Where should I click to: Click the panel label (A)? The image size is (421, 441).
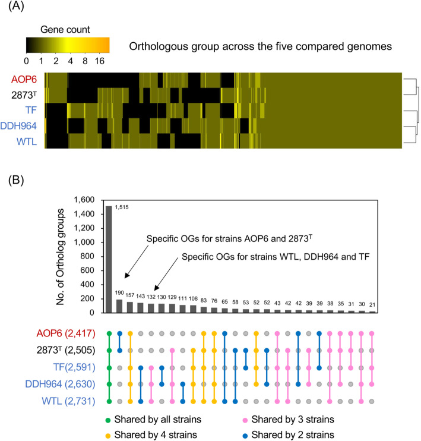(x=13, y=8)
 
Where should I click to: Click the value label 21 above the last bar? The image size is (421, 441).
(x=372, y=304)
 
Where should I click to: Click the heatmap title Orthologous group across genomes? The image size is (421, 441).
(x=265, y=45)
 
